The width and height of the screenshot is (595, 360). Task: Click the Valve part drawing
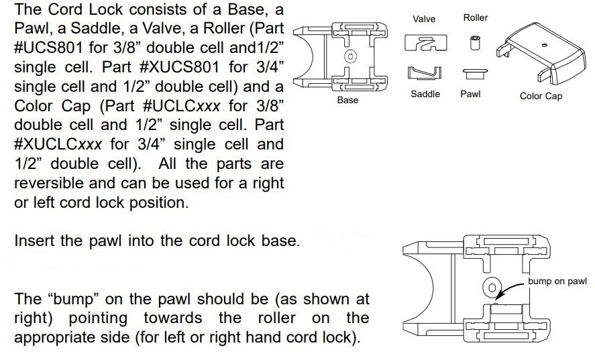[x=425, y=43]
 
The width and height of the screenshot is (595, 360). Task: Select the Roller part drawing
[x=474, y=42]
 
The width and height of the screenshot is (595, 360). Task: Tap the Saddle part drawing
[x=424, y=73]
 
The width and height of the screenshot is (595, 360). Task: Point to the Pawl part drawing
[x=474, y=73]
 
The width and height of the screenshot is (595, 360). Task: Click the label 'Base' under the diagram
[x=347, y=100]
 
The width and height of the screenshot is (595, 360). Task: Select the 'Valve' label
[x=424, y=19]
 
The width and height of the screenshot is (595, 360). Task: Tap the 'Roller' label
[x=475, y=17]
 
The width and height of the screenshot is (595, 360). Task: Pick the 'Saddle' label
[x=425, y=94]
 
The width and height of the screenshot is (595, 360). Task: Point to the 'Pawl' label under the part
[x=470, y=94]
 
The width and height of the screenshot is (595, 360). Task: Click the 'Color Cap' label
[x=541, y=96]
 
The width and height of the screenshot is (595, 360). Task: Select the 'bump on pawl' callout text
[x=557, y=281]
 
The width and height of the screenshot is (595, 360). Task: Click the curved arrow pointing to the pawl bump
[x=508, y=288]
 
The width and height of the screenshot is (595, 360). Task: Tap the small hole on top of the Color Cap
[x=545, y=45]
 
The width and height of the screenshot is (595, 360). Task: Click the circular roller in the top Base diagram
[x=350, y=56]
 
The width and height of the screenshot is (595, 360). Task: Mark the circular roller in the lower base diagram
[x=492, y=288]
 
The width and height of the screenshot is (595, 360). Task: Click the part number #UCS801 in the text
[x=48, y=48]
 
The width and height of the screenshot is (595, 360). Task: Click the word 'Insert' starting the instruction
[x=34, y=241]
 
